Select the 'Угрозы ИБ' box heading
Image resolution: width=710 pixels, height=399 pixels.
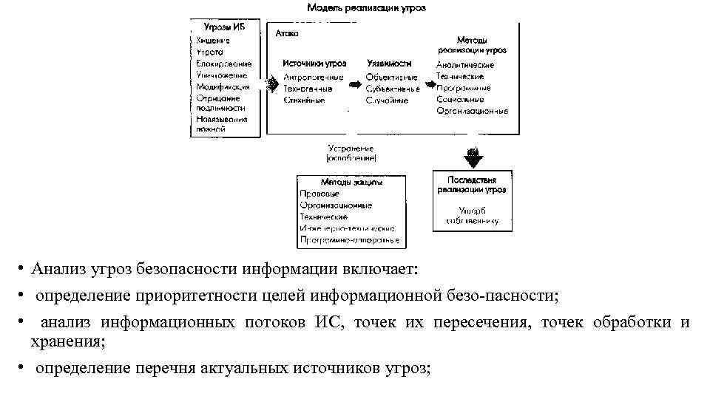(x=224, y=27)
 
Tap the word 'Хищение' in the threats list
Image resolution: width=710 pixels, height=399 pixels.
(x=213, y=41)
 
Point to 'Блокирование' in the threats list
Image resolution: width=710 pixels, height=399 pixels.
(x=224, y=64)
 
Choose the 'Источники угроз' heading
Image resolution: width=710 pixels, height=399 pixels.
(x=314, y=64)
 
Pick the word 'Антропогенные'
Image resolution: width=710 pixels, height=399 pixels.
(x=313, y=77)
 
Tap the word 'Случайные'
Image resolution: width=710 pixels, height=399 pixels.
(x=386, y=100)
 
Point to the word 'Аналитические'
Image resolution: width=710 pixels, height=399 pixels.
(x=464, y=65)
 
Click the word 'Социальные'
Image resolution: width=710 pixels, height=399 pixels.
(x=460, y=99)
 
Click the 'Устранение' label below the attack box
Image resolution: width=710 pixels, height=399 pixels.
(x=351, y=148)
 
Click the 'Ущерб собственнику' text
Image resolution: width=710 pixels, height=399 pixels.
(x=471, y=215)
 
